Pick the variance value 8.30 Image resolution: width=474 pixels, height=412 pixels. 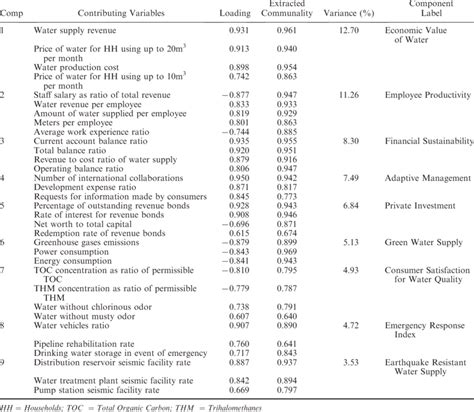point(348,141)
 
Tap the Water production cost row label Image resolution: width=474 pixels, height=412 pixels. point(76,65)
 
